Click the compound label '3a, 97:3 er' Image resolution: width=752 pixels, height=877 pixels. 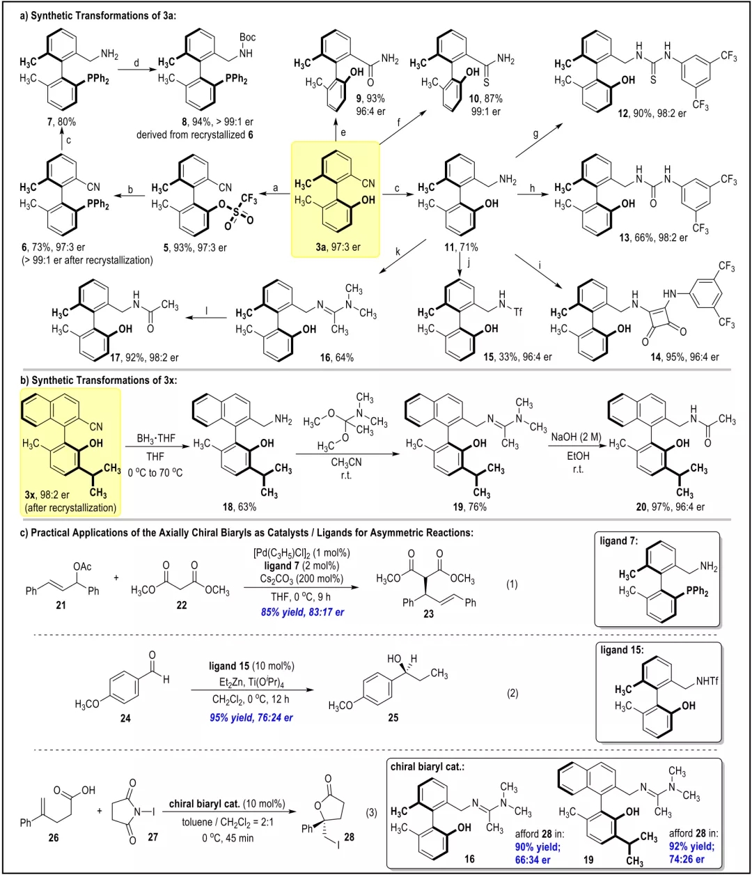point(338,247)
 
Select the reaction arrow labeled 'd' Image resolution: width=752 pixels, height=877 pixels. point(136,70)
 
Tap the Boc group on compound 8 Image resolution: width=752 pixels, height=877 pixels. point(247,38)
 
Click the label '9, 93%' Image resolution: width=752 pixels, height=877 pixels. point(370,98)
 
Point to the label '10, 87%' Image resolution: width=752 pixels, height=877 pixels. point(485,99)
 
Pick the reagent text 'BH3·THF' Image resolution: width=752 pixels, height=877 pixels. point(156,438)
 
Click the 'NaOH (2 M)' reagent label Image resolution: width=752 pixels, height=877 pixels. point(576,437)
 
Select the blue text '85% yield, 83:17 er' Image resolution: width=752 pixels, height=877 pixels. point(302,612)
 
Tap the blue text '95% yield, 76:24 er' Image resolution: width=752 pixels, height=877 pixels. point(251,717)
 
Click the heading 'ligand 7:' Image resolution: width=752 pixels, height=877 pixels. point(618,541)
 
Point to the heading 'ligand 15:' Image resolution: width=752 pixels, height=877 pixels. point(622,650)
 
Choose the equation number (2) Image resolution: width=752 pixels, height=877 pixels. point(512,693)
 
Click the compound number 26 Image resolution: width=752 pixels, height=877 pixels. point(54,838)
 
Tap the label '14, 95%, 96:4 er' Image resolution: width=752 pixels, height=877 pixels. point(684,357)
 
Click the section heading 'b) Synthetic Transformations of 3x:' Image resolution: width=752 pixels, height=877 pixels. point(98,380)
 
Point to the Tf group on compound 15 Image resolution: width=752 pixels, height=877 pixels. point(517,312)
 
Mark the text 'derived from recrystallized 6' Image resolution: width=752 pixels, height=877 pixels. point(195,135)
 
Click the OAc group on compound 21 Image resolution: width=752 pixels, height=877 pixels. point(82,566)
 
